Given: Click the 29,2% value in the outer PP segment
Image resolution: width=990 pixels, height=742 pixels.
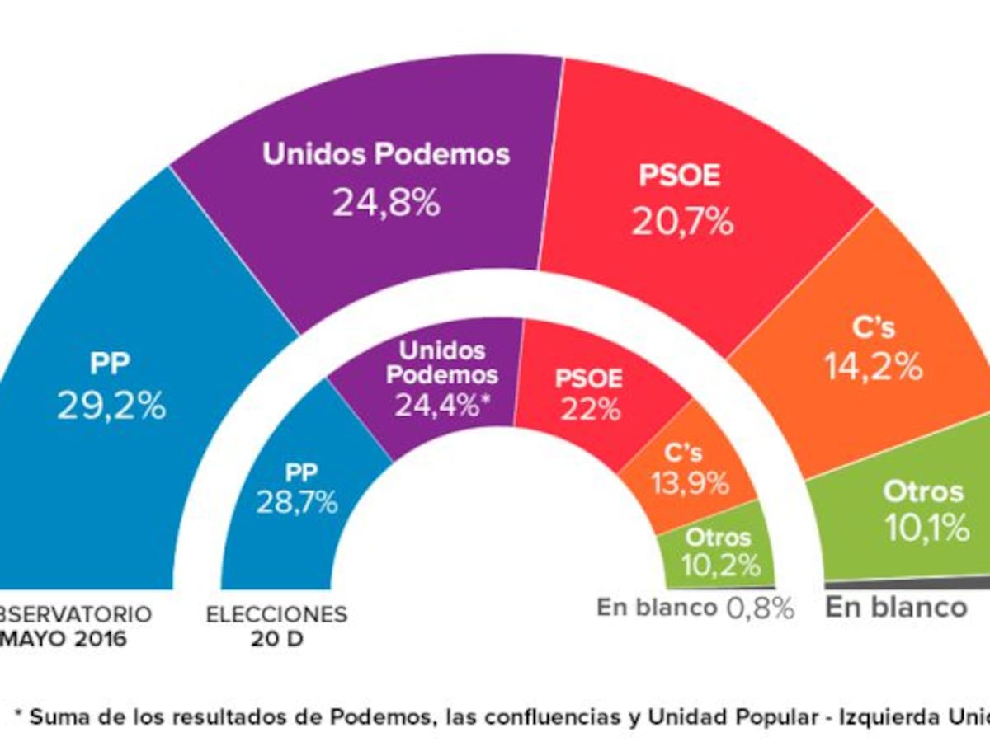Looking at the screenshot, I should tap(111, 406).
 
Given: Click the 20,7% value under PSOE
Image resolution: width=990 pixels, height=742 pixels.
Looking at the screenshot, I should tap(682, 221).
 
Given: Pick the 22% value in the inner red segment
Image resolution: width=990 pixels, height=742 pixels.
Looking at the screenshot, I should tap(589, 410).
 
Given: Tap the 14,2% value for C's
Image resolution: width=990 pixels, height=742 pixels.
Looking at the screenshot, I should tap(874, 368).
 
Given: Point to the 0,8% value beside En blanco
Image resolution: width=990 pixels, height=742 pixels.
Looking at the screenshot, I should tap(760, 609).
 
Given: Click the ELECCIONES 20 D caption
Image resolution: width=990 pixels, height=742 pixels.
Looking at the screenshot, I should tap(276, 626).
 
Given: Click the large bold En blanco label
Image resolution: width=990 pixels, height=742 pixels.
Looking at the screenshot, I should tap(896, 608).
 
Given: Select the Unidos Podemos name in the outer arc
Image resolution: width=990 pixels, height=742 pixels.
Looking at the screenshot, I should tap(386, 155).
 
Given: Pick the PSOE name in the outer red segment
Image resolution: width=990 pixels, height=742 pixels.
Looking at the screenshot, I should tap(680, 176).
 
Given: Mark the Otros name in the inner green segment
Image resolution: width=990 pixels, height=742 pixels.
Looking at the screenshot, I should tap(719, 538).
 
